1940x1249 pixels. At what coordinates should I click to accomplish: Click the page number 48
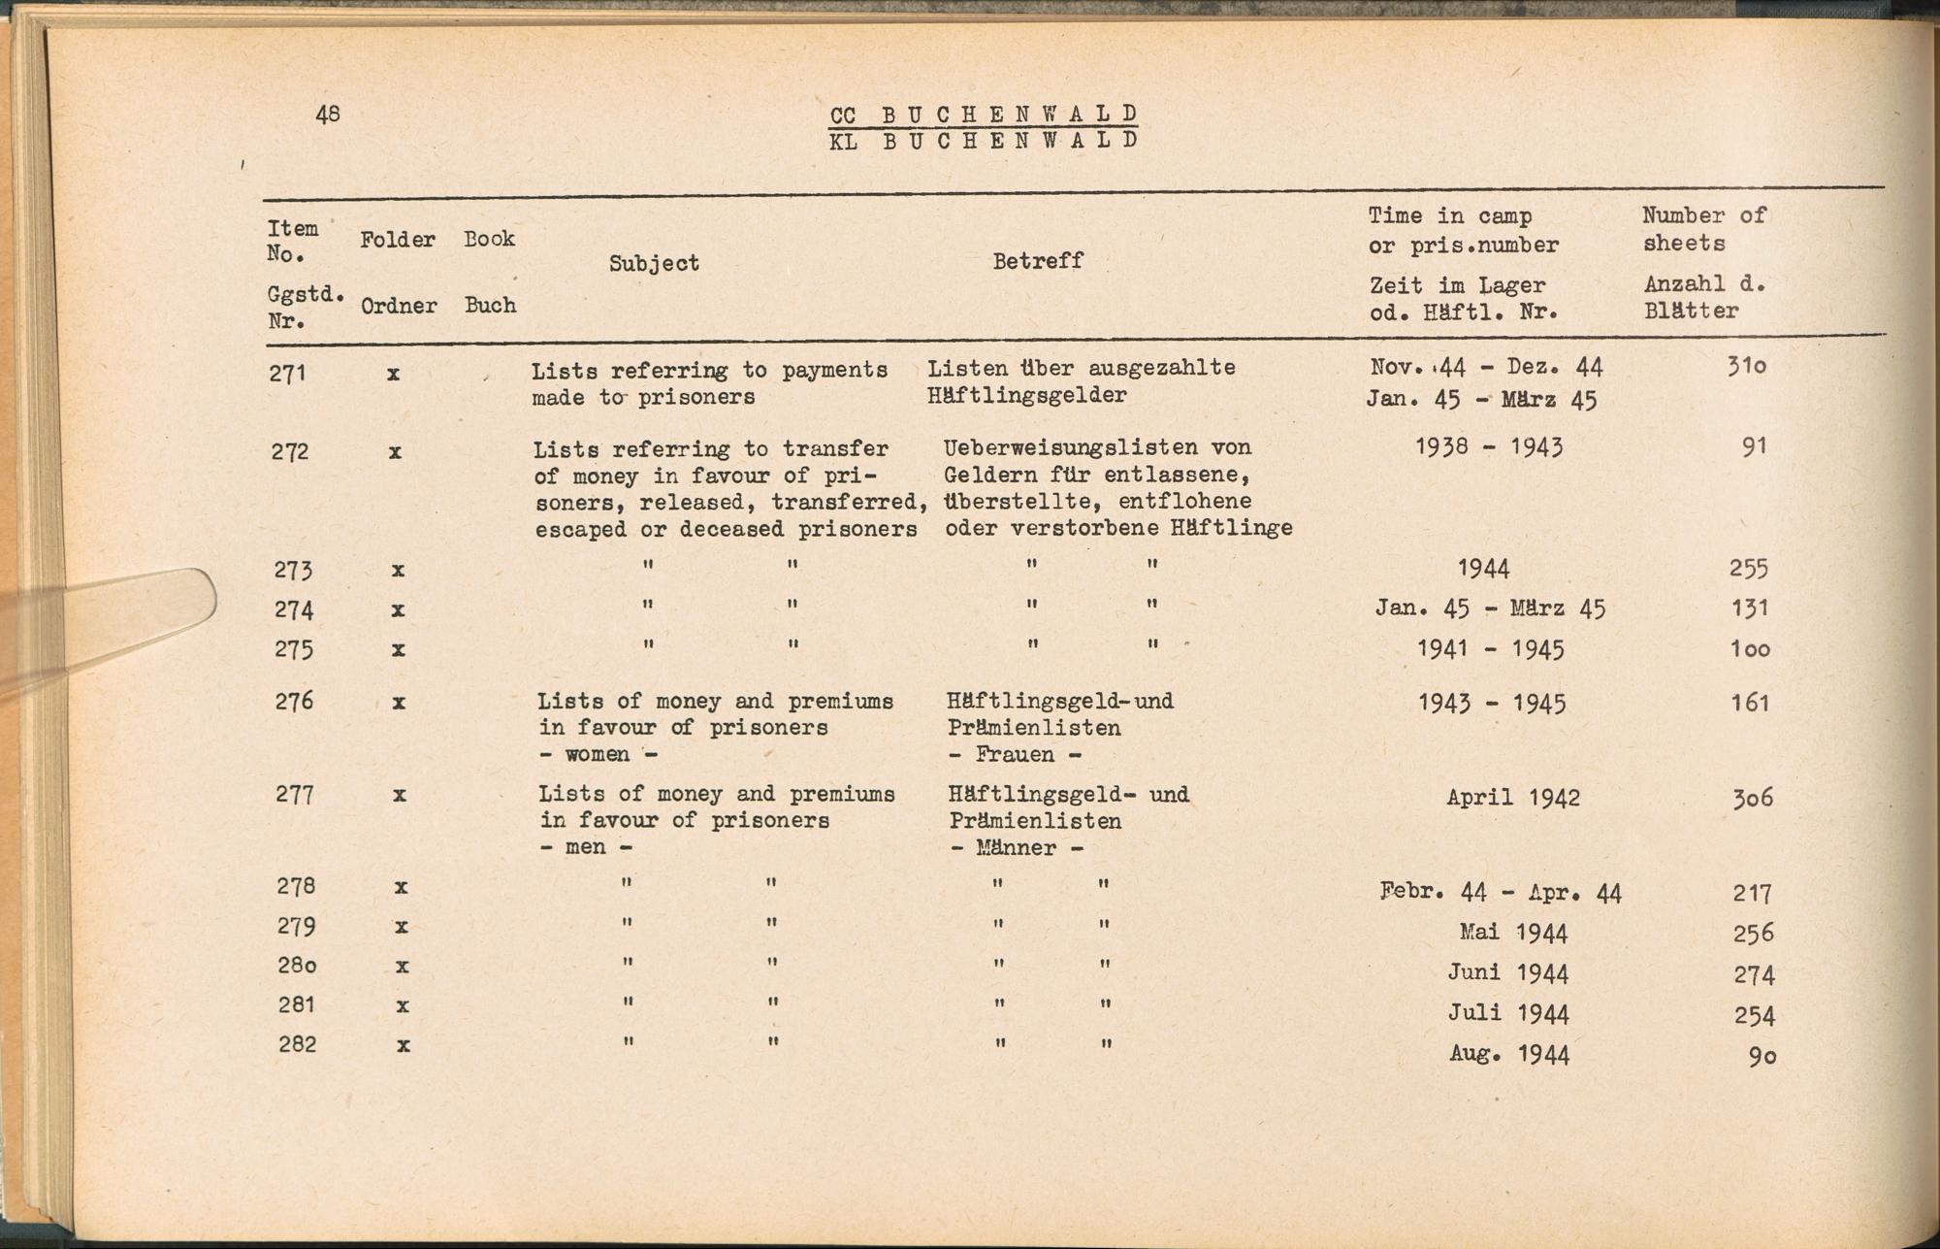[x=328, y=114]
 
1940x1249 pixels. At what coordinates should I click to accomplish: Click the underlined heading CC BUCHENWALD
[x=983, y=115]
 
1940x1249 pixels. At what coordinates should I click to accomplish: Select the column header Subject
[x=654, y=263]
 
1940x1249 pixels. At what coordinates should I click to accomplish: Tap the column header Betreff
[x=1037, y=261]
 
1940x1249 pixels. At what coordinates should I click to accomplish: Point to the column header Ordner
[x=399, y=307]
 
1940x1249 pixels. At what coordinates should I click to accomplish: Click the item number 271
[x=288, y=374]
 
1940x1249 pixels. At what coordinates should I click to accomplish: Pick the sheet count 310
[x=1746, y=367]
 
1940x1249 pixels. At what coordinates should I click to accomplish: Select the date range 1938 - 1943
[x=1489, y=447]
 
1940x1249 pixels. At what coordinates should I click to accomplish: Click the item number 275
[x=294, y=649]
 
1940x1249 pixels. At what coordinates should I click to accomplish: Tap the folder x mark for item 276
[x=398, y=702]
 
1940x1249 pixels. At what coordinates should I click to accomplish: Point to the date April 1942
[x=1513, y=798]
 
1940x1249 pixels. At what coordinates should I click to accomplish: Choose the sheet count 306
[x=1753, y=799]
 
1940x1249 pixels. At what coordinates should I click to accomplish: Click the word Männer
[x=1017, y=848]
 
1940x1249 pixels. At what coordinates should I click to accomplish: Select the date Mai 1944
[x=1514, y=934]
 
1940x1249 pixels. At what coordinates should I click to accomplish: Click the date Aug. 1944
[x=1509, y=1054]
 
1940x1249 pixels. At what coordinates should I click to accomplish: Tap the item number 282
[x=297, y=1045]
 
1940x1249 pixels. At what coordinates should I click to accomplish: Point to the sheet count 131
[x=1750, y=608]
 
